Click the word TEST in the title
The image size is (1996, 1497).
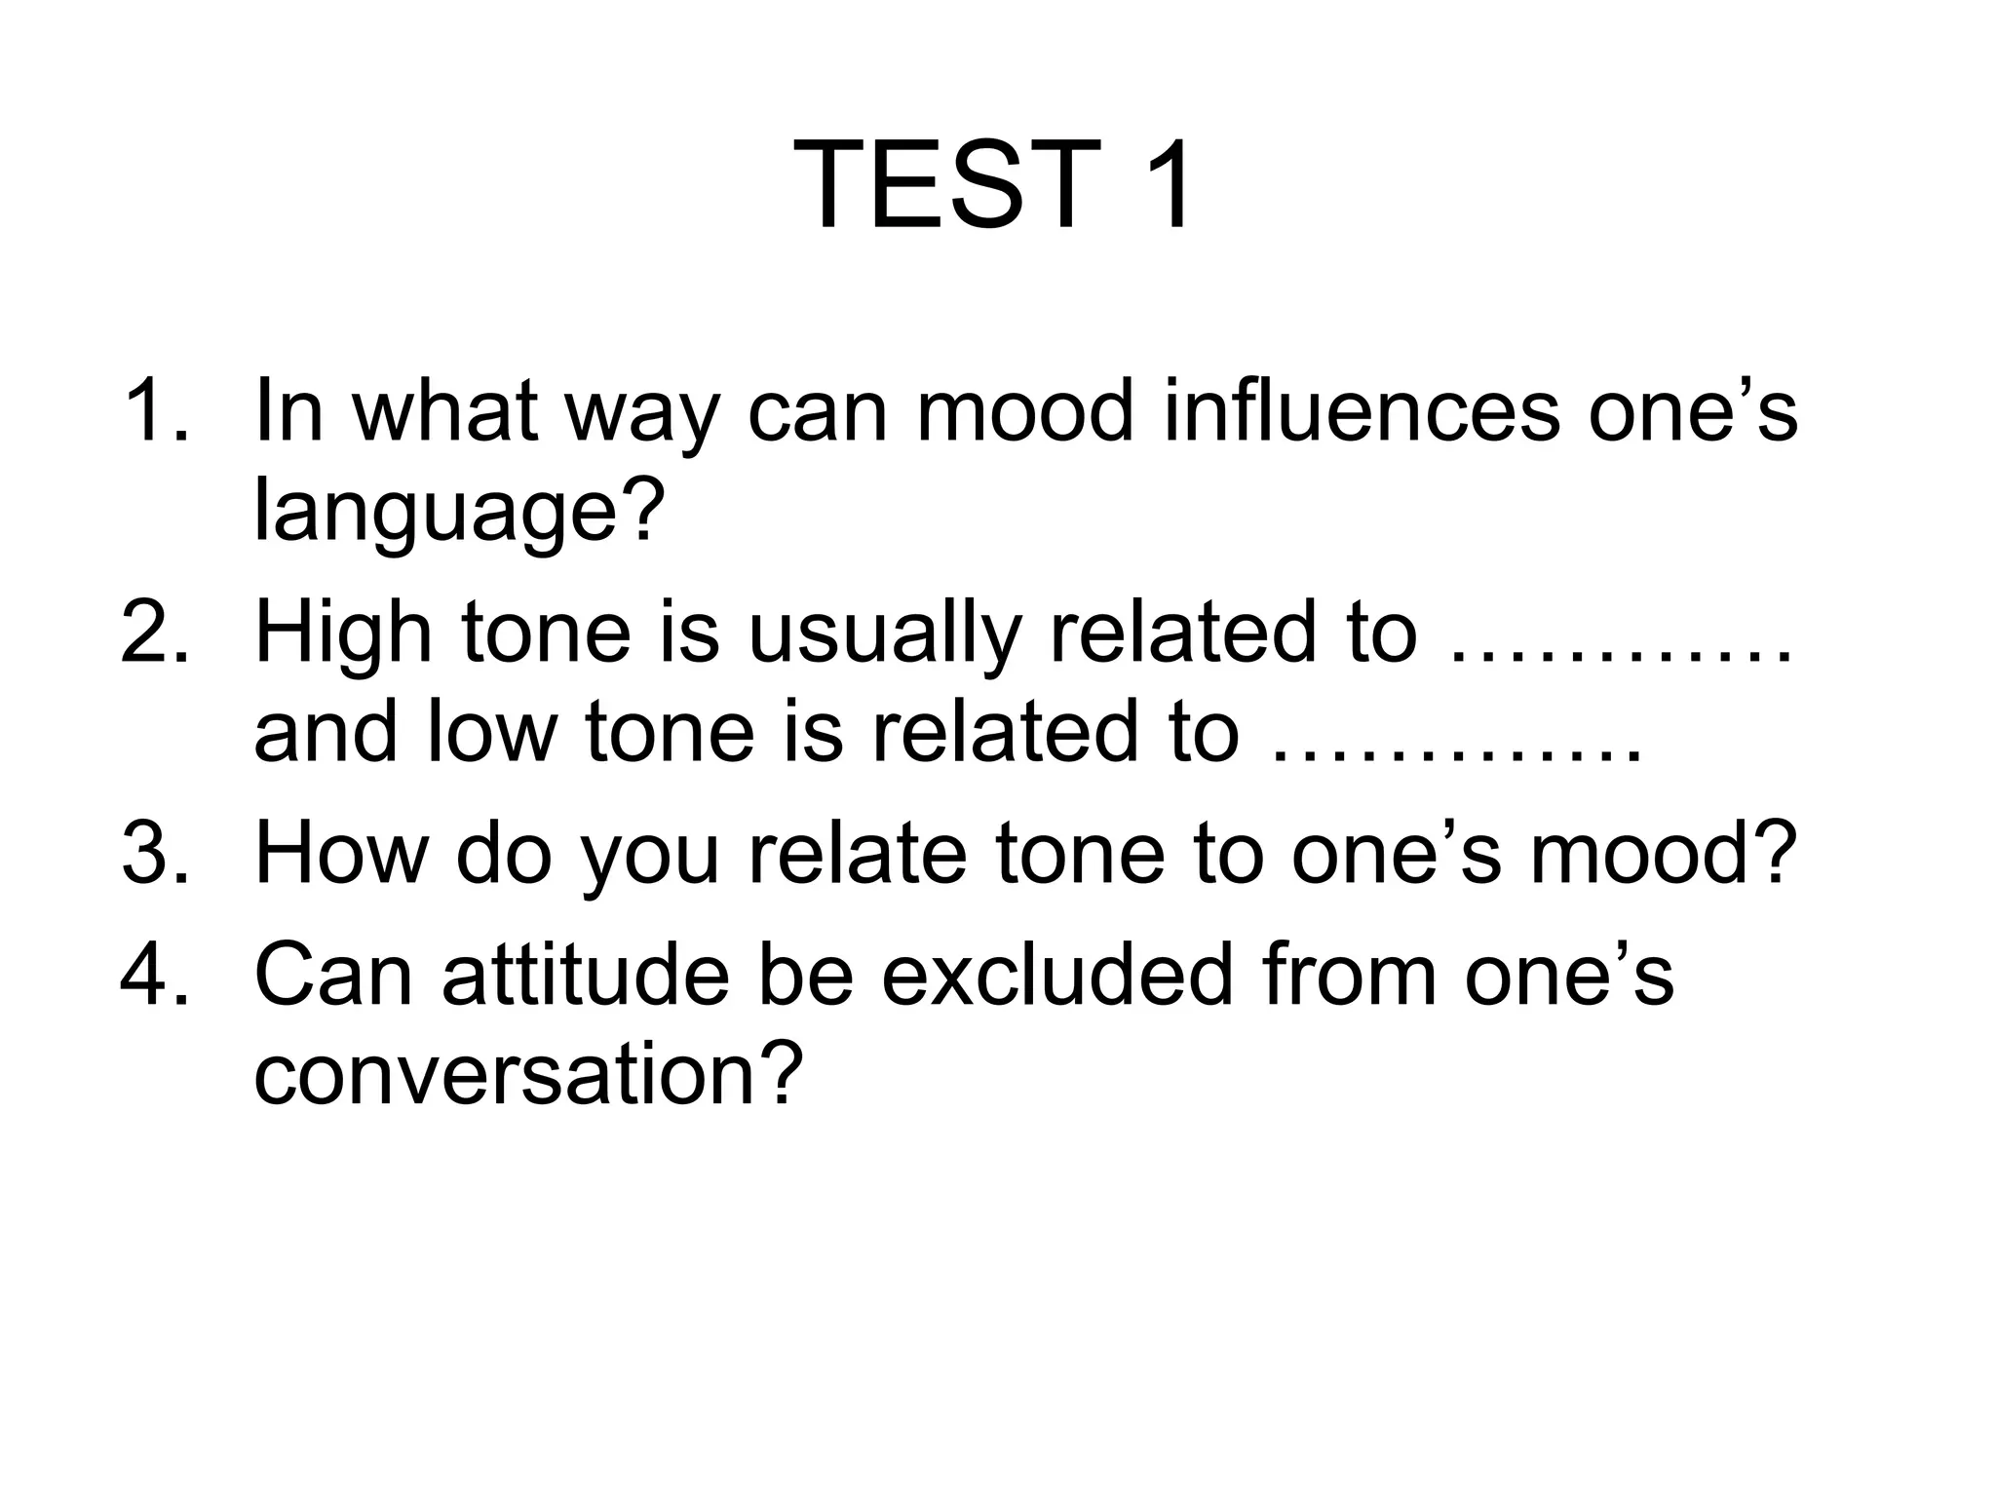tap(942, 184)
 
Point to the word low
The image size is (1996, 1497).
tap(491, 733)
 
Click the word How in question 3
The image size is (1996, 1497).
tap(341, 854)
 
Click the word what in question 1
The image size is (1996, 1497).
tap(444, 411)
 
